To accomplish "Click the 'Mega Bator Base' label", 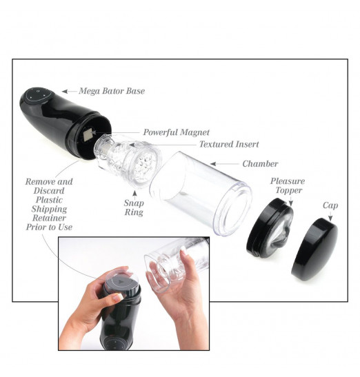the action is [112, 91].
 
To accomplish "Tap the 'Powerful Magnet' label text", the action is [176, 132].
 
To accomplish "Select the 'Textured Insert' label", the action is [229, 144].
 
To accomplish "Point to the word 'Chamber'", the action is [260, 164].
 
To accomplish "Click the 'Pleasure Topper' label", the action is [288, 185].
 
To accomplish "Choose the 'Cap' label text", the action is [330, 205].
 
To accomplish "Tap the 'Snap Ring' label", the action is [134, 207].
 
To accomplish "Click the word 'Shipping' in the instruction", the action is [49, 210].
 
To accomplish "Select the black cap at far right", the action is [314, 249].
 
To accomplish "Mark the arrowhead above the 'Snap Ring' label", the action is [134, 193].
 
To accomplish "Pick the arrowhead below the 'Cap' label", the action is [330, 218].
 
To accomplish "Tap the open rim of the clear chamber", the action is [233, 209].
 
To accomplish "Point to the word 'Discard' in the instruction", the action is [49, 191].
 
